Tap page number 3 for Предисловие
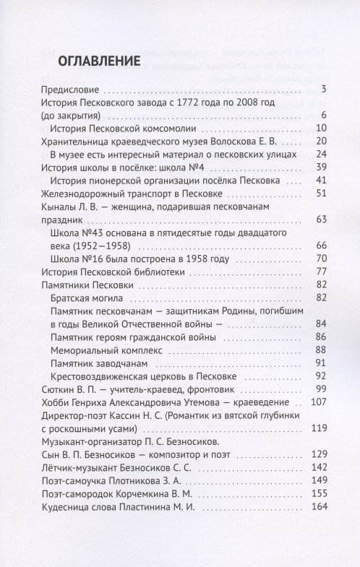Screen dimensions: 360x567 [325, 90]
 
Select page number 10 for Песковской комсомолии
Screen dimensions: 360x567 [322, 129]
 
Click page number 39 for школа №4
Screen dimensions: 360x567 [322, 168]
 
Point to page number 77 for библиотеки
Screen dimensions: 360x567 [322, 272]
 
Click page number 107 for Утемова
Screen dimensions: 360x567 [320, 402]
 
